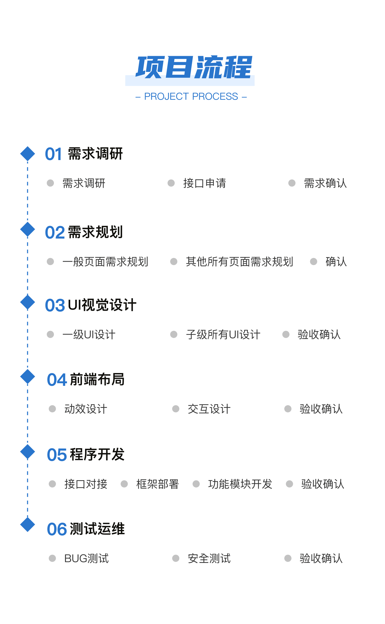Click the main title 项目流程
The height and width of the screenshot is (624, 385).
[194, 67]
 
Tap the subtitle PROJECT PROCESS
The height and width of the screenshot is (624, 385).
[191, 96]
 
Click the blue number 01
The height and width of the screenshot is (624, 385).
[53, 154]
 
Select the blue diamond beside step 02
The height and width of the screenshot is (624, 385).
[27, 229]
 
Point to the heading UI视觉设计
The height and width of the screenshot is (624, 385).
[102, 305]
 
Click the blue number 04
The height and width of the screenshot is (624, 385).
[57, 380]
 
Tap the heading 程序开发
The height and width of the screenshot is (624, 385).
[97, 454]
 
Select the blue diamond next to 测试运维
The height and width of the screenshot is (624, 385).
[27, 524]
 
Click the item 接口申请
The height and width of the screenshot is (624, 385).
[205, 183]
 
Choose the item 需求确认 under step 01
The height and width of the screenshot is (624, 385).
[325, 183]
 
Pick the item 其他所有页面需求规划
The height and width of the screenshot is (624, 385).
[239, 262]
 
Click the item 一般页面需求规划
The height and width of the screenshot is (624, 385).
[105, 262]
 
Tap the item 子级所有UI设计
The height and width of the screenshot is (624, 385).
[223, 335]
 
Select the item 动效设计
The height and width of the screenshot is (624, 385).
[86, 409]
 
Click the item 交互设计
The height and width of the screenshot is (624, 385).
[209, 409]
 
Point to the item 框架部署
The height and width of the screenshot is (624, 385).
[158, 484]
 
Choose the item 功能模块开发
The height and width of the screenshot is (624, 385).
[240, 484]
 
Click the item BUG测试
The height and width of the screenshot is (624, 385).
[87, 558]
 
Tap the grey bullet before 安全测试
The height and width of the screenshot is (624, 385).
[176, 558]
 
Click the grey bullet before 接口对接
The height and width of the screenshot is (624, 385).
[52, 484]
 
